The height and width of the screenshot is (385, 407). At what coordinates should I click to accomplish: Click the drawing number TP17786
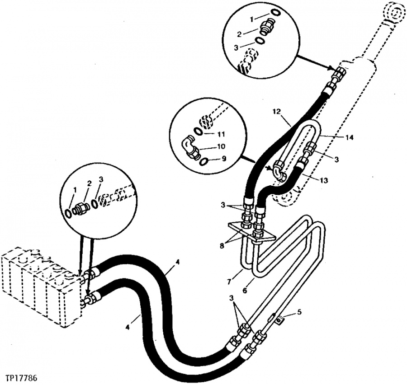[20, 376]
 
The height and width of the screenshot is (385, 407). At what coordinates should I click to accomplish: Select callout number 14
[349, 137]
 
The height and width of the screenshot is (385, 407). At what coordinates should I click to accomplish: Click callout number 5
[299, 312]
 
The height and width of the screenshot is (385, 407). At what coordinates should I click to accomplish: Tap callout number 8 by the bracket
[222, 245]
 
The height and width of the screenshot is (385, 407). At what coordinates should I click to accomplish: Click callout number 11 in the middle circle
[221, 134]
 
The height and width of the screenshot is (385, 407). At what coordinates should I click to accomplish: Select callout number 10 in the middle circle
[221, 146]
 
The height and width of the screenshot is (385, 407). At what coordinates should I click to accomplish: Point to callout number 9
[224, 158]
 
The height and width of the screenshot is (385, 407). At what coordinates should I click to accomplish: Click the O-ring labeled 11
[199, 131]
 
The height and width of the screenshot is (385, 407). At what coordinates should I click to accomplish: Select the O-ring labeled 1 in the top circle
[275, 12]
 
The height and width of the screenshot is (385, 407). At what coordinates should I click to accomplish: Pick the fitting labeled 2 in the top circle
[266, 26]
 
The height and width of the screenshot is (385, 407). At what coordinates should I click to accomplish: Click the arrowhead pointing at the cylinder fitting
[331, 68]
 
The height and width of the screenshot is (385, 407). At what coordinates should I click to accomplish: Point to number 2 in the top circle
[239, 33]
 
